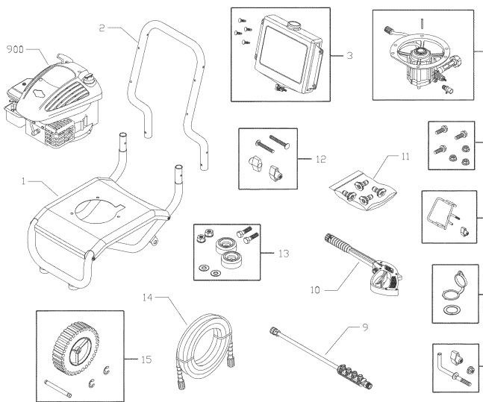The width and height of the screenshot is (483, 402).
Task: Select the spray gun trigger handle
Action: point(381,271)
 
